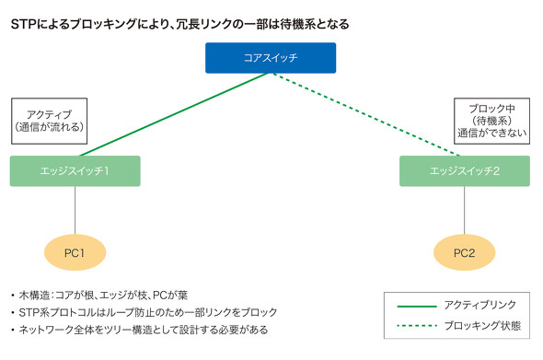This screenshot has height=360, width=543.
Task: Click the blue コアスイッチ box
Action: coord(271,58)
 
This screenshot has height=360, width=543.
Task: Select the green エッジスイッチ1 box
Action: coord(75,171)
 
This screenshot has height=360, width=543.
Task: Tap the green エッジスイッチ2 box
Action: coord(465,171)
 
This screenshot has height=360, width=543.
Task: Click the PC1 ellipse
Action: coord(75,252)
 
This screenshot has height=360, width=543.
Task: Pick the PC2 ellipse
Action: coord(465,252)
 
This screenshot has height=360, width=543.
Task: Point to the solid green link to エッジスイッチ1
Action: coord(174,114)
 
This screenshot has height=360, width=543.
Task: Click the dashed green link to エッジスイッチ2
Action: coord(366,114)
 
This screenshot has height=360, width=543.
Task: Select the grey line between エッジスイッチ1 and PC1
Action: coord(75,210)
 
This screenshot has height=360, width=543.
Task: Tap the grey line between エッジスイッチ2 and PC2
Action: coord(465,210)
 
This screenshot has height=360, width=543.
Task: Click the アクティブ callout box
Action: coord(49,121)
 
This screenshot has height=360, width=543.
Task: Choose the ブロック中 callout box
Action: coord(491,121)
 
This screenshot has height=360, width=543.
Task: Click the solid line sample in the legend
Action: coord(417,307)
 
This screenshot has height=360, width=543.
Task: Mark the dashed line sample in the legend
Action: coord(417,326)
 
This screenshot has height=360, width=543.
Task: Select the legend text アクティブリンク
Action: coord(480,306)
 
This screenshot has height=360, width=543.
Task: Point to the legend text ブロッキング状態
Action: coord(482,326)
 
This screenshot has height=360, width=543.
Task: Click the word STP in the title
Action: coord(25,24)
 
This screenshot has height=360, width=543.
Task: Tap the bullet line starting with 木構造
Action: coord(103,296)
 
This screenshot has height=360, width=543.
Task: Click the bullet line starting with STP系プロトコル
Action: coord(148,312)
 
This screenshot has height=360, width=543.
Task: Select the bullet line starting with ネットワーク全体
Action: coord(144,330)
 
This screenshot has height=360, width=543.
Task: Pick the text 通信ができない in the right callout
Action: coord(491,133)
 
